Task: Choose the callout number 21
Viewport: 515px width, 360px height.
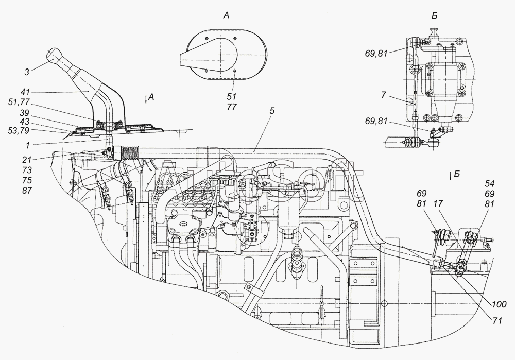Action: [x=24, y=159]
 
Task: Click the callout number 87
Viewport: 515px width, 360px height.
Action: [x=24, y=190]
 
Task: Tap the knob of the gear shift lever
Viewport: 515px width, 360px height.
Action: [x=54, y=55]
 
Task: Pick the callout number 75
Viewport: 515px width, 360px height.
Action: [x=24, y=180]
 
